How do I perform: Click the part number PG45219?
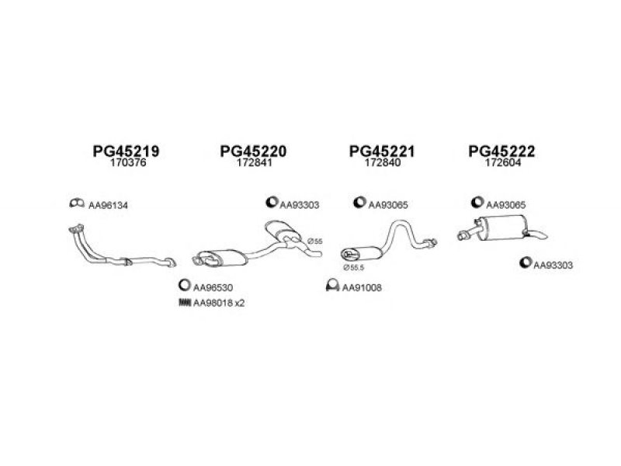(x=126, y=151)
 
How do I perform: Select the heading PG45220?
(x=253, y=151)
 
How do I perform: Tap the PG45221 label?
(x=382, y=151)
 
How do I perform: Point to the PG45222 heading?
(x=501, y=151)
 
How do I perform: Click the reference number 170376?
(x=128, y=162)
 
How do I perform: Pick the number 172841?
(x=255, y=162)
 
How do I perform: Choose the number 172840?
(x=382, y=162)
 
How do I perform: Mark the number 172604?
(x=503, y=162)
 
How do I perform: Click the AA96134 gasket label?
(x=108, y=205)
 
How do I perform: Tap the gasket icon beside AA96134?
(x=77, y=203)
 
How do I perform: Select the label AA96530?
(x=213, y=287)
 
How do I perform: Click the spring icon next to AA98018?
(x=185, y=303)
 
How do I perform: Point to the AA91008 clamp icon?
(x=333, y=285)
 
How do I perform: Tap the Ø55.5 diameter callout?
(x=354, y=267)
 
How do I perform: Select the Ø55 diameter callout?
(x=315, y=241)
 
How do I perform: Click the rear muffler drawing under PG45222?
(x=502, y=228)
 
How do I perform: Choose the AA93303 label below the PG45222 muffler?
(x=553, y=265)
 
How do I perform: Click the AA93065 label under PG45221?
(x=387, y=205)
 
